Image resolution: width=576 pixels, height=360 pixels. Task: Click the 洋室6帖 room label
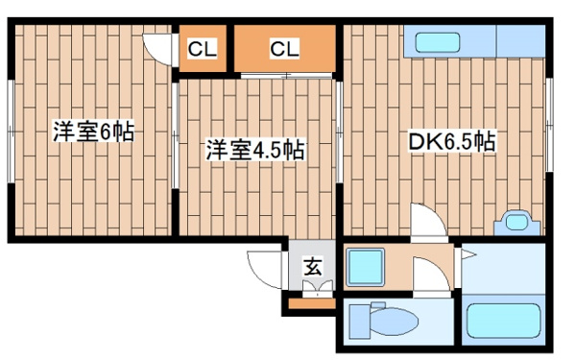click(x=94, y=132)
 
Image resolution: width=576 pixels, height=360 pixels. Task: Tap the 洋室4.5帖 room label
click(x=255, y=150)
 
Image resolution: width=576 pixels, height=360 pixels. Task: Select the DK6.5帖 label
click(x=452, y=141)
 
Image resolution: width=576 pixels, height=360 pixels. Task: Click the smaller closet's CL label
click(x=202, y=49)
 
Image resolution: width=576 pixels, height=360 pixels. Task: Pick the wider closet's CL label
click(x=284, y=49)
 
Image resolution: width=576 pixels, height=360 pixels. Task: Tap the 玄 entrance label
click(x=313, y=267)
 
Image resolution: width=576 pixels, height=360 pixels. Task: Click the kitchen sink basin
click(x=438, y=42)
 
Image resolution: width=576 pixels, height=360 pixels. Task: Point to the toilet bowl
click(x=394, y=321)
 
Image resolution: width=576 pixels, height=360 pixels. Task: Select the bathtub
click(x=503, y=322)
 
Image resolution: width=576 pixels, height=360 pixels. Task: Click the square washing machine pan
click(x=366, y=267)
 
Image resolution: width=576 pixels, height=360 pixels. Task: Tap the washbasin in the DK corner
click(x=516, y=223)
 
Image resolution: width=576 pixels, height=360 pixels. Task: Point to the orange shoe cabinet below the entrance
click(x=312, y=303)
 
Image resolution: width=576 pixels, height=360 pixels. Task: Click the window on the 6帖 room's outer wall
click(x=12, y=132)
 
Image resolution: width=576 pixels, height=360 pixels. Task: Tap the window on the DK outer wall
click(x=549, y=125)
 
